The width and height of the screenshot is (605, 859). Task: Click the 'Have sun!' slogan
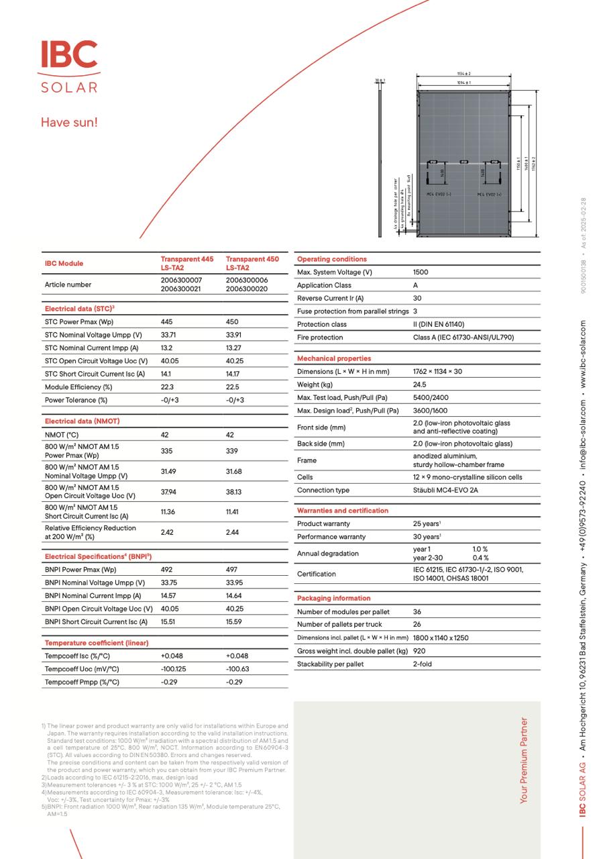(x=69, y=122)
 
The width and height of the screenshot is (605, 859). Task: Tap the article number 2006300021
(x=181, y=289)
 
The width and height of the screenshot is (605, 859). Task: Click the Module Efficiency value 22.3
(x=167, y=387)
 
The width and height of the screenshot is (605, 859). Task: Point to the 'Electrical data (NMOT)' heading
(x=82, y=421)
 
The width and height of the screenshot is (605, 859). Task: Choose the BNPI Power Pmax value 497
(x=233, y=570)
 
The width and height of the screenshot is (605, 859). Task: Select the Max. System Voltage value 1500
(x=421, y=272)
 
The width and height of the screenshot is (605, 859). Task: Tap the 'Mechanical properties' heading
(x=333, y=358)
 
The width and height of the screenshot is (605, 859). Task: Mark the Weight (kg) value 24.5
(x=420, y=385)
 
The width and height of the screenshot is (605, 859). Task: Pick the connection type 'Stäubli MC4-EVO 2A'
(x=445, y=490)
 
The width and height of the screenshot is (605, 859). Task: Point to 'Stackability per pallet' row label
(x=330, y=664)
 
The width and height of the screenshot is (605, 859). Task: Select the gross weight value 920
(x=419, y=651)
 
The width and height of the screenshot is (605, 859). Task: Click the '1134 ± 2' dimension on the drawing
(x=463, y=73)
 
